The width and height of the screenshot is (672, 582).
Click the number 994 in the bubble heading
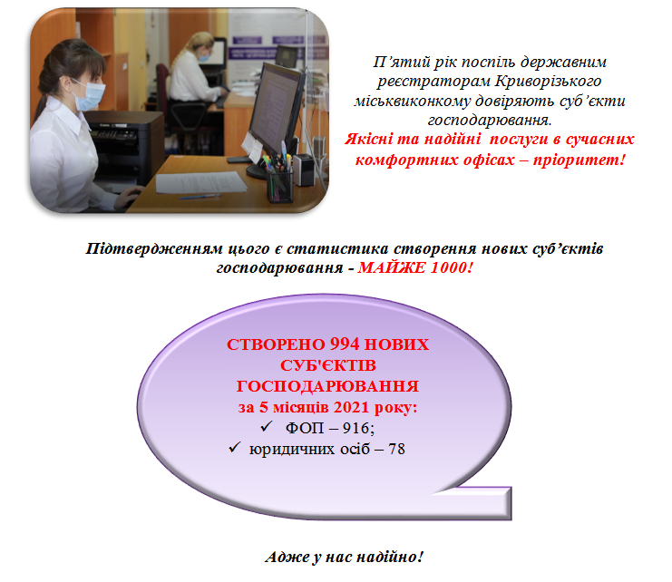point(345,344)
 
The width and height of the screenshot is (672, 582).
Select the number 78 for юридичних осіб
point(396,449)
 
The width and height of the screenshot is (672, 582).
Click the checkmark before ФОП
point(267,426)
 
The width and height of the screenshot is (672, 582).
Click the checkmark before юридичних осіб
point(234,447)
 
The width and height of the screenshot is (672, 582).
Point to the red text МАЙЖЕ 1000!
point(415,267)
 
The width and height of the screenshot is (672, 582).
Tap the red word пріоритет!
point(579,160)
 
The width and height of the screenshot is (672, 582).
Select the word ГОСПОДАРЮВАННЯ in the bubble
point(327,386)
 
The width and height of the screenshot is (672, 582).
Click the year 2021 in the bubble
point(352,407)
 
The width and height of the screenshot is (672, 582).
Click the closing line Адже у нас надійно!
point(344,557)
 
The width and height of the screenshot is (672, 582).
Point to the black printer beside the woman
point(123,146)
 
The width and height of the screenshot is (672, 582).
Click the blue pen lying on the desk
point(200,197)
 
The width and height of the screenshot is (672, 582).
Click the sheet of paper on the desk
point(200,182)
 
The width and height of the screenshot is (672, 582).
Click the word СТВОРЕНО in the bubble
point(276,344)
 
